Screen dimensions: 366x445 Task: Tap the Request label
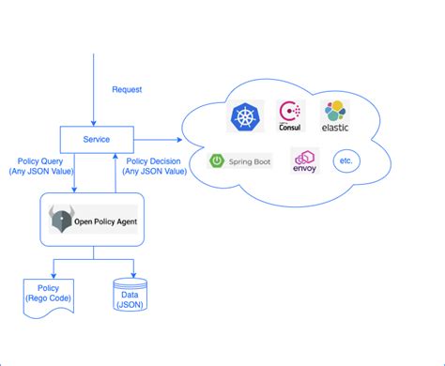[x=127, y=90]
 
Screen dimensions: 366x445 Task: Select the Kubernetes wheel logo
[x=246, y=117]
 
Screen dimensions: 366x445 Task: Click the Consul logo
[x=292, y=116]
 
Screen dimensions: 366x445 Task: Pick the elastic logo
[x=336, y=116]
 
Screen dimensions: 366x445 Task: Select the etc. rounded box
[x=346, y=161]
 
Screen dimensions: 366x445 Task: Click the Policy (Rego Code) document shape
[x=49, y=294]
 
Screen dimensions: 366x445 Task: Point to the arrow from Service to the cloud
[x=160, y=140]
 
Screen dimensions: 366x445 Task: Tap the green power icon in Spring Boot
[x=218, y=160]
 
